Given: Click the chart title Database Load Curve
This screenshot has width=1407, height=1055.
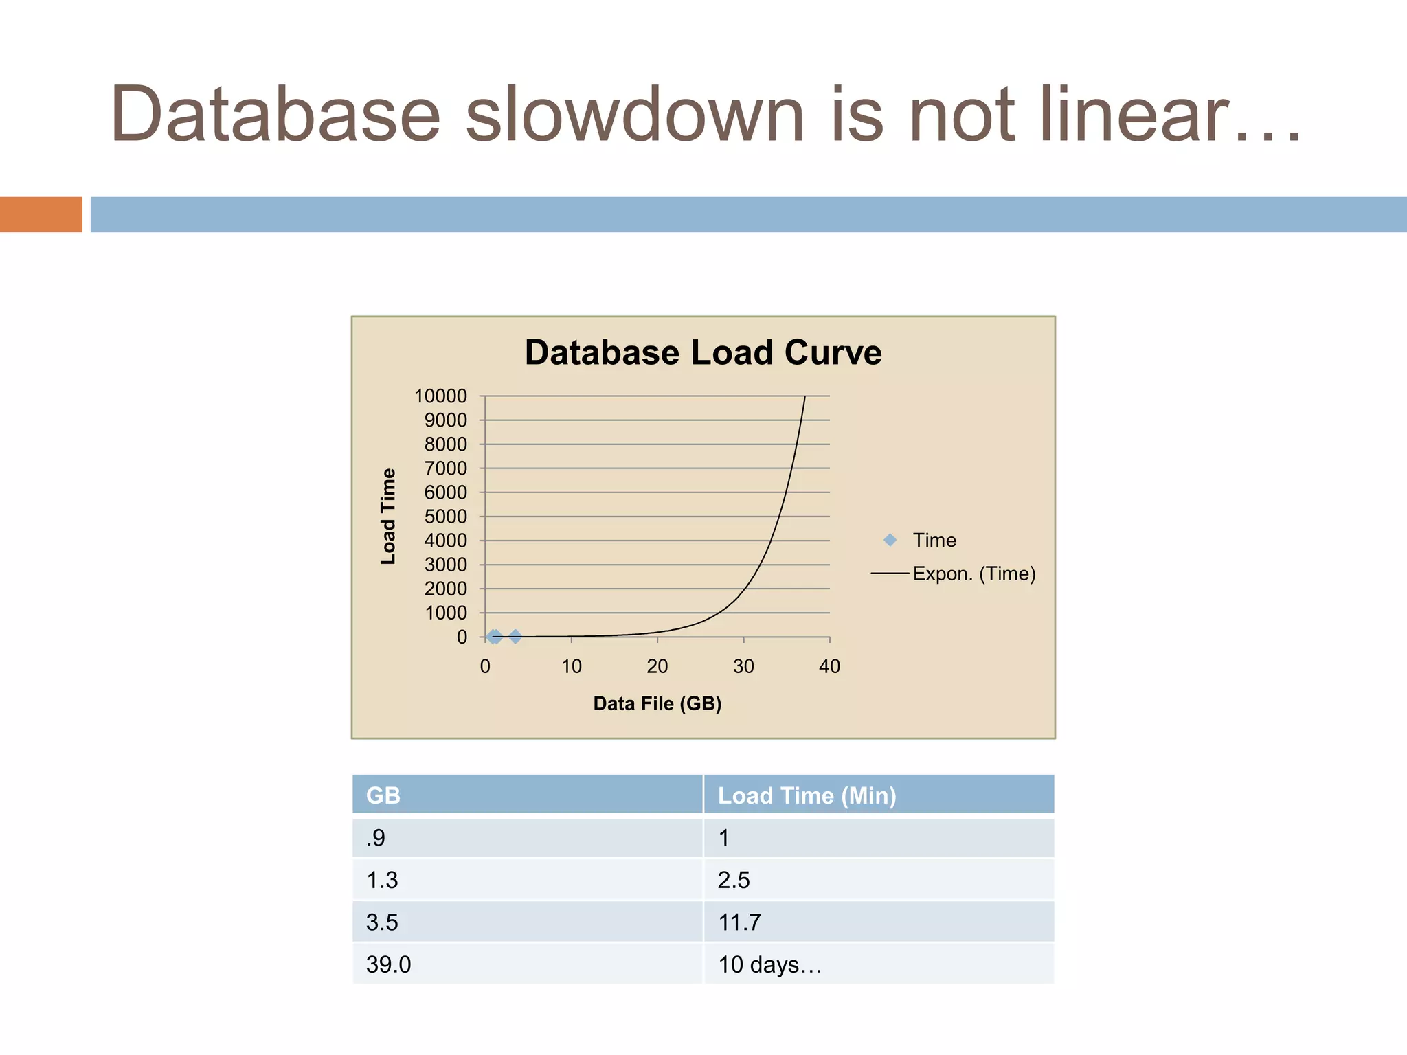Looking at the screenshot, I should click(703, 353).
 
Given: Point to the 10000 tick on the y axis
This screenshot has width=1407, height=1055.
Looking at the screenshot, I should click(440, 396).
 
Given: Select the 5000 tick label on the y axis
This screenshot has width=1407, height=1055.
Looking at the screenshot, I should click(445, 517).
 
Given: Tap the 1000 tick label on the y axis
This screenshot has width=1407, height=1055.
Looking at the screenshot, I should click(445, 613).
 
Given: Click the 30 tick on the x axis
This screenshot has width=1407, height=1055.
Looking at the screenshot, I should click(743, 666).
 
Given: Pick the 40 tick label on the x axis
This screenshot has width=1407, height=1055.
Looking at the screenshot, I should click(829, 666).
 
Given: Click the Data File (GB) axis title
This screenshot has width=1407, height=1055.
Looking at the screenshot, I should click(657, 703).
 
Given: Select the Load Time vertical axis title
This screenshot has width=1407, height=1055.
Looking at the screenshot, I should click(388, 517).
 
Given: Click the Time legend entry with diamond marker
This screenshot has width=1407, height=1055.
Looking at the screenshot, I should click(921, 541).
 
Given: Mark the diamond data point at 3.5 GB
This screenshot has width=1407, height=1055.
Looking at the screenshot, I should click(515, 637).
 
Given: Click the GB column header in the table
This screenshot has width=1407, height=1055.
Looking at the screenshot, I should click(383, 795).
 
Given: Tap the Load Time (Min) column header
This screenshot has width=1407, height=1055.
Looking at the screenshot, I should click(807, 795).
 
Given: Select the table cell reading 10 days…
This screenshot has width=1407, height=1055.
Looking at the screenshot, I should click(769, 964).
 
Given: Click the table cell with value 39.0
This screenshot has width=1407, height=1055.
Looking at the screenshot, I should click(389, 964).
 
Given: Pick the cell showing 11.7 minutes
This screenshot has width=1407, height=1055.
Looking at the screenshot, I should click(739, 922).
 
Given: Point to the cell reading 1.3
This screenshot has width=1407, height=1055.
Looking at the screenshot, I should click(382, 880).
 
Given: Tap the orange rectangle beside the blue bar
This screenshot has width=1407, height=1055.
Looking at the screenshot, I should click(41, 214).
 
